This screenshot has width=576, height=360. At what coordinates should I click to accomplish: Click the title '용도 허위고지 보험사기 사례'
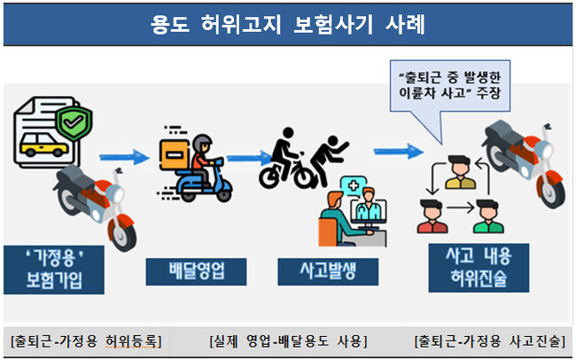pyautogui.click(x=287, y=24)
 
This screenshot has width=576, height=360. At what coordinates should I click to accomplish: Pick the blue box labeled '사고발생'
pyautogui.click(x=315, y=270)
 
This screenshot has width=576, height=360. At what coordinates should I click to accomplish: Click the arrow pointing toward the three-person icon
pyautogui.click(x=398, y=152)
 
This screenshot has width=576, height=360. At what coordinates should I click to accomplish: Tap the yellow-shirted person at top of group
pyautogui.click(x=458, y=173)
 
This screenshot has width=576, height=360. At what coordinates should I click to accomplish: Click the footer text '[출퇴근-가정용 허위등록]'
pyautogui.click(x=85, y=340)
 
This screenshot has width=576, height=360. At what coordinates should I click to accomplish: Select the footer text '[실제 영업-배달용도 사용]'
pyautogui.click(x=288, y=340)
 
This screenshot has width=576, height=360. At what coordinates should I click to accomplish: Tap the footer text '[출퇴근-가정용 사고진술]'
pyautogui.click(x=490, y=340)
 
